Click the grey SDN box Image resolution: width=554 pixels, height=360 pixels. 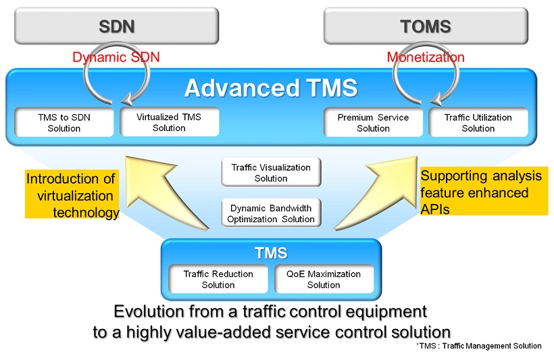117,26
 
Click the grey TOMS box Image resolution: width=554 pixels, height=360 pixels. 426,26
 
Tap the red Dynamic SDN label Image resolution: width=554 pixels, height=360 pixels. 116,57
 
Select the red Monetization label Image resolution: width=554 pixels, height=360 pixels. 426,57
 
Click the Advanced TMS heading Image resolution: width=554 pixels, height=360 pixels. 271,88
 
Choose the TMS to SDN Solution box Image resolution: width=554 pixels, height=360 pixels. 64,123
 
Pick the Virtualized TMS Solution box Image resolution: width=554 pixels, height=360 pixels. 169,122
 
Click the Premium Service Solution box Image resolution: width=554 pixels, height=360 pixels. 373,123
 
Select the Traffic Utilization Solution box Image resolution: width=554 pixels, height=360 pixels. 478,123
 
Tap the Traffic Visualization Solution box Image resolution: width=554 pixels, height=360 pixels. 271,172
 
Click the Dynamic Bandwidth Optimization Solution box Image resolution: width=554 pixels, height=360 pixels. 271,213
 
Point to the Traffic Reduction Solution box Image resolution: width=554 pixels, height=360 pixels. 218,279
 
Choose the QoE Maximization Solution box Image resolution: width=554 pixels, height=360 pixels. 324,279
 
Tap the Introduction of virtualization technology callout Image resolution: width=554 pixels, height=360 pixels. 72,195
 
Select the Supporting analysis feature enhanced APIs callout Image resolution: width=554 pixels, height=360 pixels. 484,191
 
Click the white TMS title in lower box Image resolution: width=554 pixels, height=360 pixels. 271,253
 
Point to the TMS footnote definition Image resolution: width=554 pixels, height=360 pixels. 479,346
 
